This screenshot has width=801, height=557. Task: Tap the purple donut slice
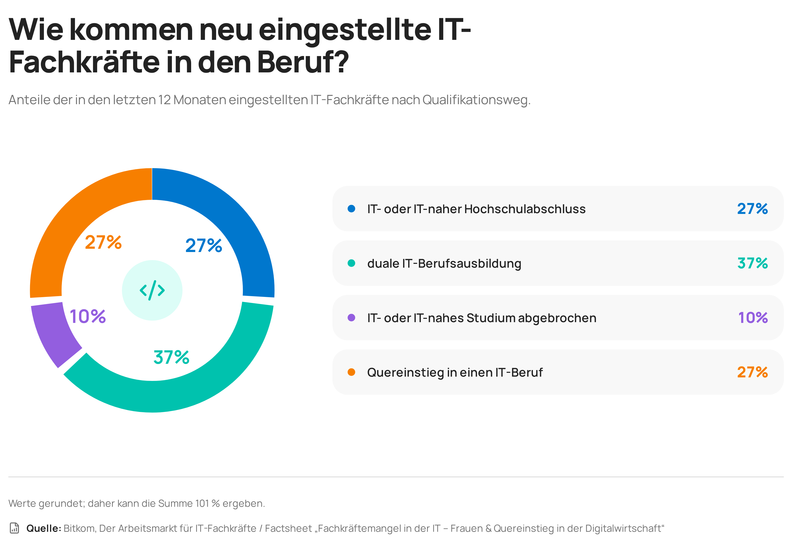pos(52,335)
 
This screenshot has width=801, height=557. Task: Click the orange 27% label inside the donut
pos(103,242)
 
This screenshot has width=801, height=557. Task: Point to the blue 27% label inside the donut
pos(204,245)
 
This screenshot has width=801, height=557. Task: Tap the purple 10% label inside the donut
pos(88,317)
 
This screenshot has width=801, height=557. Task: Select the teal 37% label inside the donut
pos(171,357)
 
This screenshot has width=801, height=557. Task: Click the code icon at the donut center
pos(152,290)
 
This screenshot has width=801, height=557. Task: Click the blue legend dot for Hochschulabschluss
pos(351,209)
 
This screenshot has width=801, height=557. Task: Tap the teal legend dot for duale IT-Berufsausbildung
pos(351,263)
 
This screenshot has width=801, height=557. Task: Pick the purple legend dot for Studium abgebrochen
pos(351,318)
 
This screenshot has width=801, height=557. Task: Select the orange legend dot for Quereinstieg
pos(351,372)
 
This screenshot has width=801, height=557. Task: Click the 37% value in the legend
pos(753,263)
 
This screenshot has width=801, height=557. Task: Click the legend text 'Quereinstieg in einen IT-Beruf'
pos(455,373)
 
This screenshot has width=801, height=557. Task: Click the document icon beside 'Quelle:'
pos(14,528)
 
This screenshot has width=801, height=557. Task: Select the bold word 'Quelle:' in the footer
pos(44,528)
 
